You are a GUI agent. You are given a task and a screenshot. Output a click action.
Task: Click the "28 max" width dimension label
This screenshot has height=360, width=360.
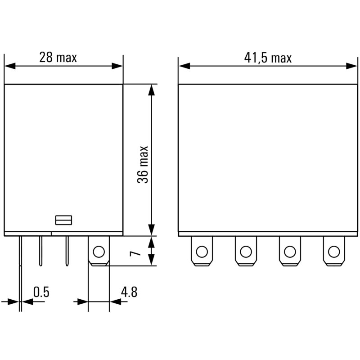click(x=58, y=58)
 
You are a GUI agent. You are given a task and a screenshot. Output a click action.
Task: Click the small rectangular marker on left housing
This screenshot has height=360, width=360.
click(x=64, y=220)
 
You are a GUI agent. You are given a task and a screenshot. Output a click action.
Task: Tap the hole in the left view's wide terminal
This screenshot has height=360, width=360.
click(x=99, y=251)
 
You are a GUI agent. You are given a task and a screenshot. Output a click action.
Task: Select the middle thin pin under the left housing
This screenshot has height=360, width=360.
click(x=40, y=251)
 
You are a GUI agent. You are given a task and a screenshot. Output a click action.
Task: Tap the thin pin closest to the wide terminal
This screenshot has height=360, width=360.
click(x=67, y=251)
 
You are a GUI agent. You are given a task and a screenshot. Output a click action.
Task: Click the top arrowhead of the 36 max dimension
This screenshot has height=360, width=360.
click(x=152, y=90)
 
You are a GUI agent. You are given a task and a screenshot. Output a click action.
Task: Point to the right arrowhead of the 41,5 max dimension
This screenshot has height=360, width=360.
click(x=352, y=66)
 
